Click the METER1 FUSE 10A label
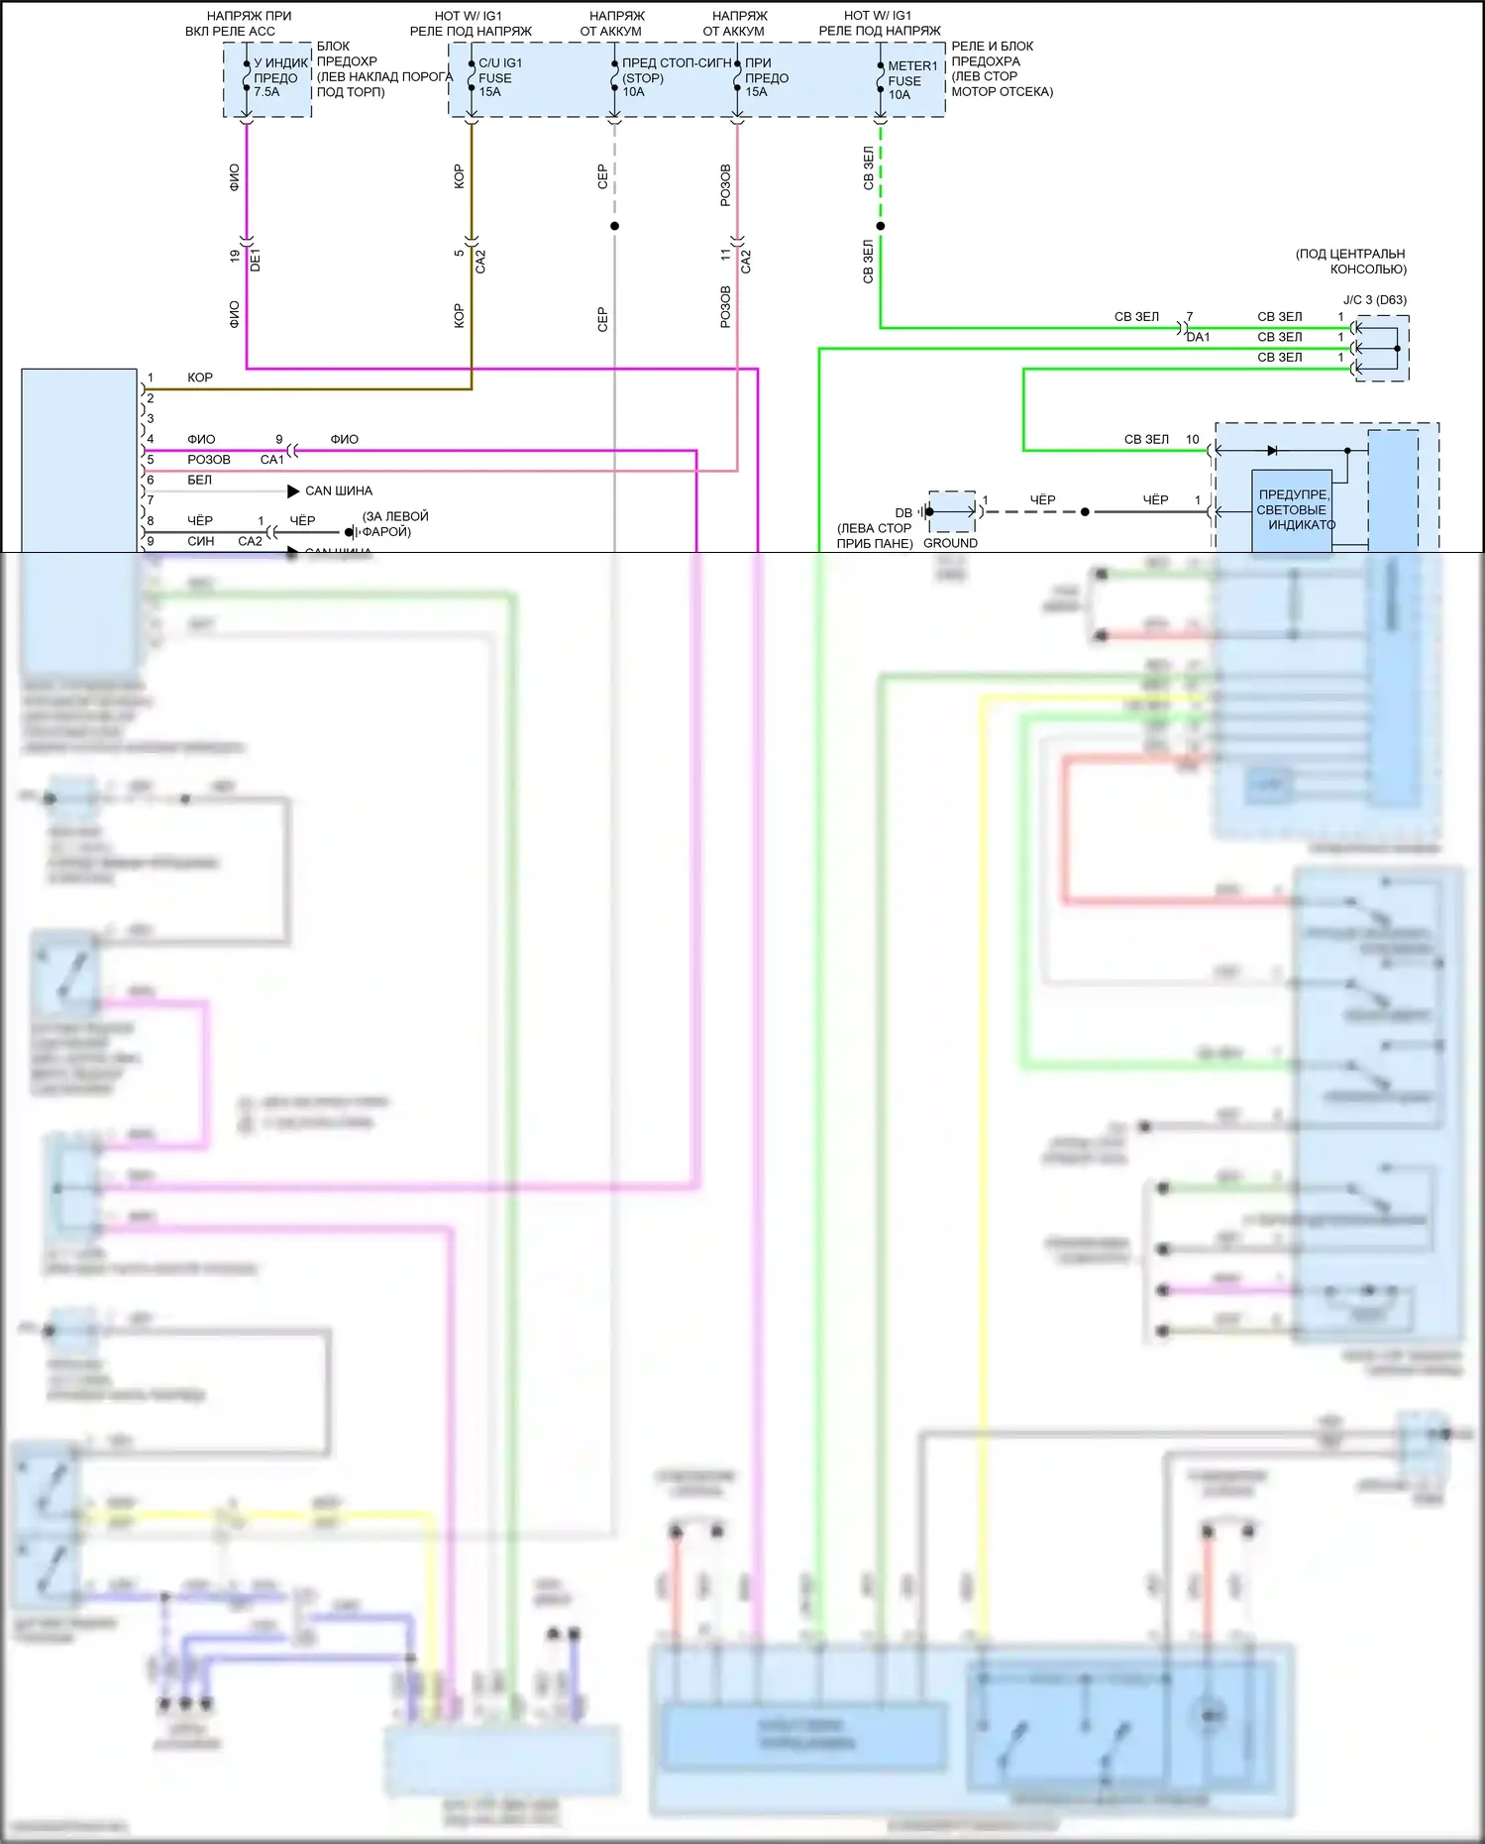(x=911, y=80)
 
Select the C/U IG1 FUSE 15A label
(x=499, y=77)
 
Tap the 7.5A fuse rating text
(x=266, y=92)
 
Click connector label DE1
(x=256, y=261)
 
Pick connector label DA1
(x=1198, y=337)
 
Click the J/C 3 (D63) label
(x=1374, y=299)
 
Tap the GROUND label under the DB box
(x=949, y=543)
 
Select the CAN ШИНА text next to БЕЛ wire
(x=339, y=490)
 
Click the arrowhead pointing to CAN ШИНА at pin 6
(x=293, y=490)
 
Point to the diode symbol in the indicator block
(x=1272, y=451)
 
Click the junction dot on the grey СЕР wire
(x=614, y=226)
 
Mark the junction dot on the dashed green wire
(x=880, y=226)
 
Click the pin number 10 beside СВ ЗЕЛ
(x=1192, y=439)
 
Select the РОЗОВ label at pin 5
(x=208, y=460)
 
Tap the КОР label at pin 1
(x=200, y=378)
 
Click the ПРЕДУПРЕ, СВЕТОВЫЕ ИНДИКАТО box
(x=1292, y=509)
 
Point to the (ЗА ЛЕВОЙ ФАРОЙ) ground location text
(x=394, y=524)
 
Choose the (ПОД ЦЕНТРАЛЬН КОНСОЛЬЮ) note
(x=1350, y=262)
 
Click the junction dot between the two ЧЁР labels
(x=1085, y=512)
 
